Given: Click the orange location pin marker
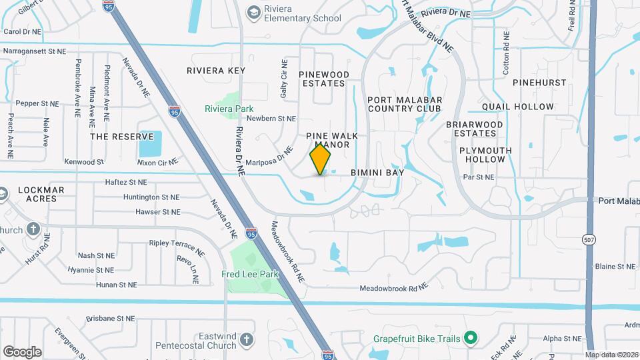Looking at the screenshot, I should (321, 159).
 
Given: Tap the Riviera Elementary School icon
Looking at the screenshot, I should (253, 12).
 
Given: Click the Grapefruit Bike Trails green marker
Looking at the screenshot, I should (471, 339).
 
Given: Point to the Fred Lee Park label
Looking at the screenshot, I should (250, 274).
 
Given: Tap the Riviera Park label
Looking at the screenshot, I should (229, 109).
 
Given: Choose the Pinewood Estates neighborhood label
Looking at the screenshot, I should (323, 79).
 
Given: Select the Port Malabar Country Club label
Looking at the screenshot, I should (404, 104).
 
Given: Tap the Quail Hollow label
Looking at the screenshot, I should (517, 107).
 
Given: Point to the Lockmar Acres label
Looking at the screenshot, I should (41, 194).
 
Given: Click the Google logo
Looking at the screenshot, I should (22, 351).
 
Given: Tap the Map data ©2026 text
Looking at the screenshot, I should (610, 355).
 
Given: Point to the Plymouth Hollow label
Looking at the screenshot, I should (485, 155).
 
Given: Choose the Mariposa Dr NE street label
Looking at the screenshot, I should (269, 157).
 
